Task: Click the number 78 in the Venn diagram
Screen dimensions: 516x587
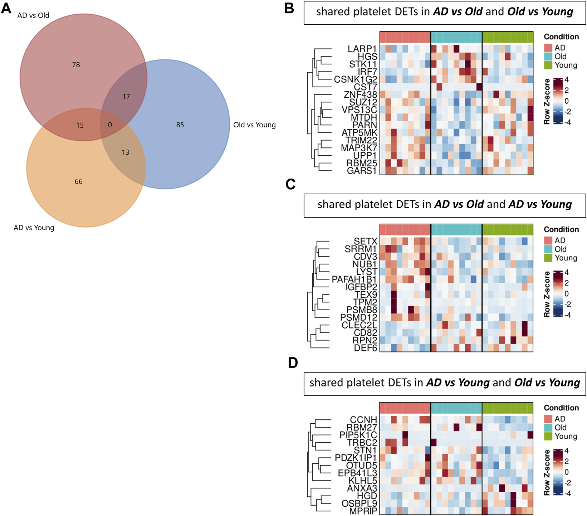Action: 76,65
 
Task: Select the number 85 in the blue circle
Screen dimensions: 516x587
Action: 180,125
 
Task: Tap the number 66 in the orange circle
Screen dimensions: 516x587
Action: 78,182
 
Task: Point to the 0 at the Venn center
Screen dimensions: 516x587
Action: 110,125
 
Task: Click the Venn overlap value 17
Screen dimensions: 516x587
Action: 126,97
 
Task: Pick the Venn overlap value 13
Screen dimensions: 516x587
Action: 125,152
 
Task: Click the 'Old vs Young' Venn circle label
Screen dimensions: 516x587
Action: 254,125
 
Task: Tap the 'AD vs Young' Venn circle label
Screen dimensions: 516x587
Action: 34,228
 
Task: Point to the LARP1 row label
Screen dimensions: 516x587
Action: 362,49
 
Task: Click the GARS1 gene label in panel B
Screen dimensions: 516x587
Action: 362,171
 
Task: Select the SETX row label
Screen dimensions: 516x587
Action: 365,242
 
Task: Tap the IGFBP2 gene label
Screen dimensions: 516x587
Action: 361,287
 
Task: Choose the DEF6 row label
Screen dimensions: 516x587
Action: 365,348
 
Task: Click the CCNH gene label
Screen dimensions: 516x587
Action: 363,420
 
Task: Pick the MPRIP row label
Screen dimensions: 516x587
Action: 363,511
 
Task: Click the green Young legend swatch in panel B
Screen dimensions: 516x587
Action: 548,65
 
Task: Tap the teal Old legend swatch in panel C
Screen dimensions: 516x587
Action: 548,249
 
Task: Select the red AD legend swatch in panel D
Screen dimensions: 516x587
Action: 548,419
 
